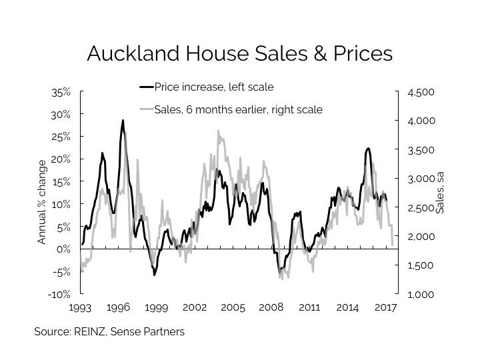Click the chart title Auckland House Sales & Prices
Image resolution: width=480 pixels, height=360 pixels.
[239, 53]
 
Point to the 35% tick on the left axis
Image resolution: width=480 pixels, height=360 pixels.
[61, 92]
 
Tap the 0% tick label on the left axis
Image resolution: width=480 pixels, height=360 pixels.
[63, 249]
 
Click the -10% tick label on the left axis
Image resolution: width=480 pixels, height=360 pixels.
[59, 294]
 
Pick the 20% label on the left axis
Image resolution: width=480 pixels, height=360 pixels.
[61, 159]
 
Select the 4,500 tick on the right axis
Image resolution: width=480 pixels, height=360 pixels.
[420, 92]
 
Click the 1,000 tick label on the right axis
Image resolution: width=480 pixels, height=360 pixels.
[420, 294]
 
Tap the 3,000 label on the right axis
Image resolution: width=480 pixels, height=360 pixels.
[420, 179]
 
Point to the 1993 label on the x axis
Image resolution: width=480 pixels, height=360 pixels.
[81, 308]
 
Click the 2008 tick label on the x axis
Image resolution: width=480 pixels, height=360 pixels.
[271, 308]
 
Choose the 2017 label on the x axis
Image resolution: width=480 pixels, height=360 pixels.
[386, 308]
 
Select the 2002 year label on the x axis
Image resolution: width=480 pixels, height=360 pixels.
[195, 308]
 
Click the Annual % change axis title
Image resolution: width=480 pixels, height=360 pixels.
[43, 202]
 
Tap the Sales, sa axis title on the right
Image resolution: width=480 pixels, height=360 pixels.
[440, 192]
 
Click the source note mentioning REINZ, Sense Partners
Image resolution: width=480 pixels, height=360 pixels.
[109, 331]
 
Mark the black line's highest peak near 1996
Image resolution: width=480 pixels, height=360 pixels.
[123, 121]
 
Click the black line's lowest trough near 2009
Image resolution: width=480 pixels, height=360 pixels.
[279, 273]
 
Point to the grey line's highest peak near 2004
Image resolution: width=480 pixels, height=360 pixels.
[219, 131]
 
